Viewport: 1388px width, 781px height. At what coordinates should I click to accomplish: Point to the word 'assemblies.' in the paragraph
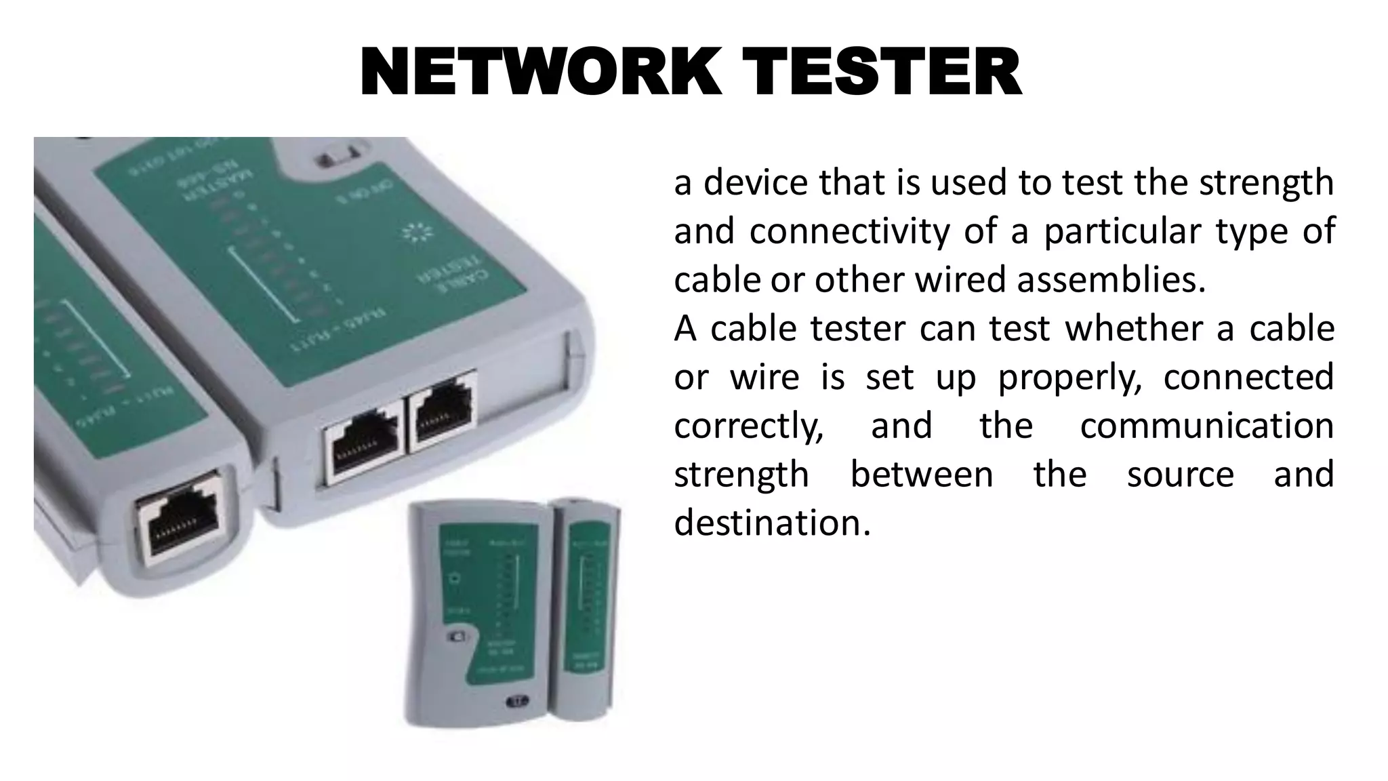point(1111,280)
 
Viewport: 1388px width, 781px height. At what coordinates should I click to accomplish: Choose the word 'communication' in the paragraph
point(1206,426)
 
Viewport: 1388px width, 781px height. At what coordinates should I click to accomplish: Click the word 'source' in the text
point(1180,475)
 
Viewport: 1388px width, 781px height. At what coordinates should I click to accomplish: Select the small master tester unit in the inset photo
point(474,610)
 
